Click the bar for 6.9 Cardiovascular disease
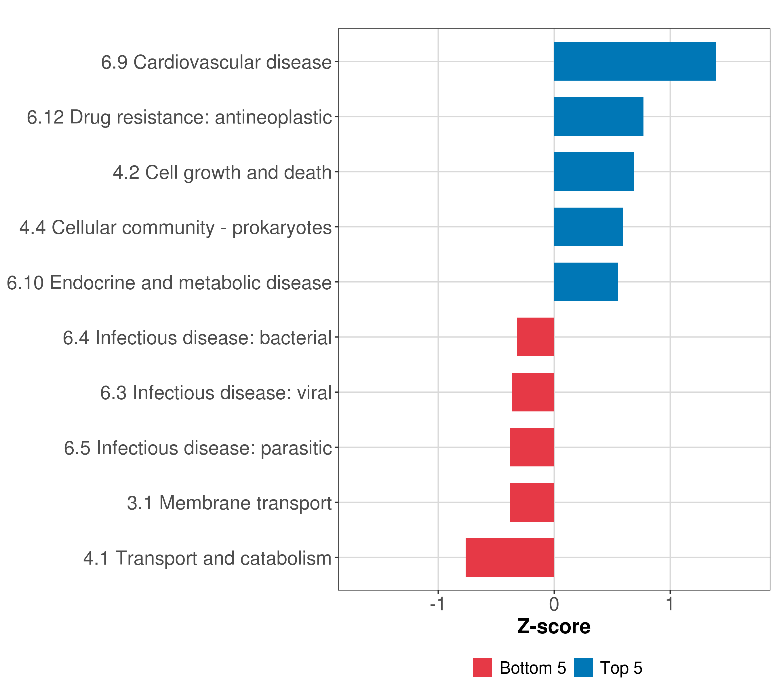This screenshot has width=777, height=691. point(635,62)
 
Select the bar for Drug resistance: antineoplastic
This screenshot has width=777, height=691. point(598,117)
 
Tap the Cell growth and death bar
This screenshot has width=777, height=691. point(593,172)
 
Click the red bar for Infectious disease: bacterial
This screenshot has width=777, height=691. point(535,337)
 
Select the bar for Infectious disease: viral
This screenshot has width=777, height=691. point(533,392)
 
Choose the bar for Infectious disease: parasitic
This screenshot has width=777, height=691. point(532,447)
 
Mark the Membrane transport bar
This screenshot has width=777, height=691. point(532,502)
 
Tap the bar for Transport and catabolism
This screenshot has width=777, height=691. point(509,557)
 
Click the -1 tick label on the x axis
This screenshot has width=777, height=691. point(437,604)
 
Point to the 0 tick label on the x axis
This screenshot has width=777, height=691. point(554,604)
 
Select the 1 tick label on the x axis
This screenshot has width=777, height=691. point(670,604)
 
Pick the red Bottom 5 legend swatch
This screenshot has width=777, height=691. point(482,667)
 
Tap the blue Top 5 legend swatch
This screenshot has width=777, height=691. point(583,667)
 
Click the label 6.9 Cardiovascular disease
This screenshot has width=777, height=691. point(216,62)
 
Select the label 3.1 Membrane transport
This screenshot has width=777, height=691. point(229,503)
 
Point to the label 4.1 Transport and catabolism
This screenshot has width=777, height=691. point(207,558)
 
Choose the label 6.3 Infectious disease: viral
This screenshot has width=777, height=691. point(216,393)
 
